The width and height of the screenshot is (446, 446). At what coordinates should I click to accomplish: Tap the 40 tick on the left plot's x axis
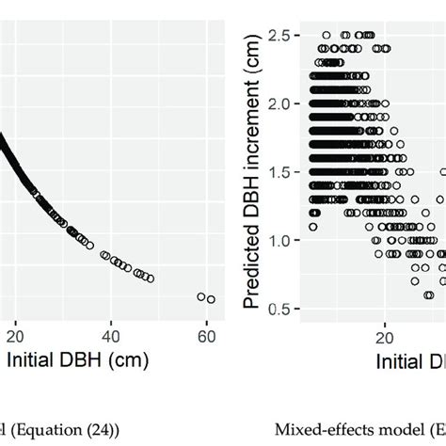pos(111,335)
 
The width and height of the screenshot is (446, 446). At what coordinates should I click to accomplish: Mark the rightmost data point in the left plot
pos(211,299)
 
